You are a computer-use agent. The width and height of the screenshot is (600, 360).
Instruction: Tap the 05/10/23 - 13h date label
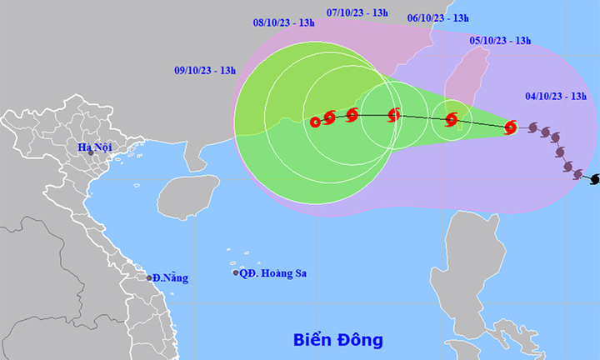[x=500, y=39]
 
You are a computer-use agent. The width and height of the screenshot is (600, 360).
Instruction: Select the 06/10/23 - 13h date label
[x=438, y=17]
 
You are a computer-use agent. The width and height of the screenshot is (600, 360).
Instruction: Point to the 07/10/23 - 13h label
[x=357, y=12]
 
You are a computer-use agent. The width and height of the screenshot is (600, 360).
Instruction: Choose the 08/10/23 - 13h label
[x=284, y=22]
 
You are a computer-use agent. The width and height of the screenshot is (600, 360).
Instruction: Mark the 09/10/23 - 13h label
[x=205, y=71]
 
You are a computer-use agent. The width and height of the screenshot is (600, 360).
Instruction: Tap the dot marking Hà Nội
[x=91, y=154]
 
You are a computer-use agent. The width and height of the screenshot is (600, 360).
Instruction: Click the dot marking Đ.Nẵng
[x=150, y=278]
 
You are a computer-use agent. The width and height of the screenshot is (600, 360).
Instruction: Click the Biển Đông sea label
[x=337, y=340]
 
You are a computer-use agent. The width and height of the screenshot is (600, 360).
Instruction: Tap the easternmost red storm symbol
[x=511, y=127]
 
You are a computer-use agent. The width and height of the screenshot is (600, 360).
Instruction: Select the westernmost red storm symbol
[x=316, y=122]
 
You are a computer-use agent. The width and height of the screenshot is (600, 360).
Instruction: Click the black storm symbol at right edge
[x=594, y=180]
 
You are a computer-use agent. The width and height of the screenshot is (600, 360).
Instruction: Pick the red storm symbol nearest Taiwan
[x=452, y=120]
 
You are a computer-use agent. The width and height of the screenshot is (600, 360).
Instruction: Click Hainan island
[x=187, y=196]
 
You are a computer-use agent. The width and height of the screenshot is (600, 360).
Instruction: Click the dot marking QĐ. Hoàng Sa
[x=236, y=273]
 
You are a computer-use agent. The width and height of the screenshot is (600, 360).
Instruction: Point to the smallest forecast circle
[x=451, y=120]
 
